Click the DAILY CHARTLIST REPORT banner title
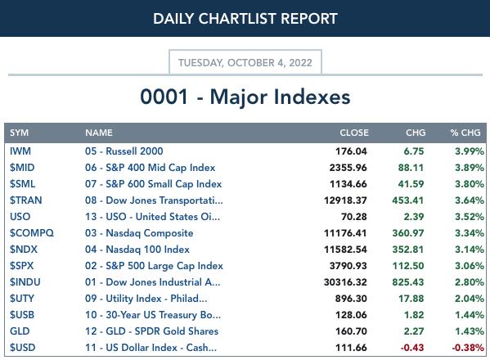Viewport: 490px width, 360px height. point(245,19)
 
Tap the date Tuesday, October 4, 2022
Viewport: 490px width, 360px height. point(245,62)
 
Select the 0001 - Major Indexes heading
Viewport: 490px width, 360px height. point(245,97)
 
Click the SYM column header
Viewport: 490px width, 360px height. point(19,133)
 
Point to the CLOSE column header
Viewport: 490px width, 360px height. point(354,133)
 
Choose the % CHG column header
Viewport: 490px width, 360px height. point(465,133)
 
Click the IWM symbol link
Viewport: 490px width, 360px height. point(20,151)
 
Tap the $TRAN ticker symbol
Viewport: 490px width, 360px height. point(25,200)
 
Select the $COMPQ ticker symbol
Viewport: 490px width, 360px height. point(32,233)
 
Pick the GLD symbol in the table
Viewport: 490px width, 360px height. point(20,331)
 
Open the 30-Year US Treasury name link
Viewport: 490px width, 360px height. point(153,315)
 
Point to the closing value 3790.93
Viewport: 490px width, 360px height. point(348,266)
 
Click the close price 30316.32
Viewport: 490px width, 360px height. point(345,282)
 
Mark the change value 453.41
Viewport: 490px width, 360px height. point(408,200)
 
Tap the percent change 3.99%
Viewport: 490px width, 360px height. point(470,151)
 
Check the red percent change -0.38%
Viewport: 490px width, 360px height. point(468,347)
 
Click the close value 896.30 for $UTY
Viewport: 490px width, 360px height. point(351,299)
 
